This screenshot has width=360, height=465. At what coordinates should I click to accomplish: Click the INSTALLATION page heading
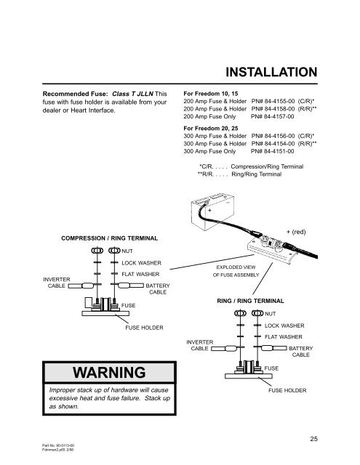pyautogui.click(x=271, y=73)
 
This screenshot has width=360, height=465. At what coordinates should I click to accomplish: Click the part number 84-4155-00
pyautogui.click(x=279, y=101)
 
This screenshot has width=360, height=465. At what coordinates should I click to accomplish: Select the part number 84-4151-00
pyautogui.click(x=279, y=151)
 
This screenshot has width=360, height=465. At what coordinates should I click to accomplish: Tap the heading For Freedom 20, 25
pyautogui.click(x=211, y=129)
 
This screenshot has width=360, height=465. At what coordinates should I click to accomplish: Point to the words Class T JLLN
pyautogui.click(x=132, y=94)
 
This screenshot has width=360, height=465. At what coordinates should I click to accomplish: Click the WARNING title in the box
pyautogui.click(x=109, y=373)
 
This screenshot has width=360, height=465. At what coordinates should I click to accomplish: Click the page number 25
pyautogui.click(x=313, y=439)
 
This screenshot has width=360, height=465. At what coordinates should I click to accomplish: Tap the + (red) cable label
pyautogui.click(x=296, y=232)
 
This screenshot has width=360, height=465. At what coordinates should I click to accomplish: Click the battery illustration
pyautogui.click(x=212, y=212)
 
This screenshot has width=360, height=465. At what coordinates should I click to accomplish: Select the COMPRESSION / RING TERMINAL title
pyautogui.click(x=110, y=238)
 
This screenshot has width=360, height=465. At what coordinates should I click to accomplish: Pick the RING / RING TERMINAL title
pyautogui.click(x=250, y=301)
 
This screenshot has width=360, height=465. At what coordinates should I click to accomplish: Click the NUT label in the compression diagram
pyautogui.click(x=127, y=251)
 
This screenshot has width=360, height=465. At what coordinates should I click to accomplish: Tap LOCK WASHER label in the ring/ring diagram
pyautogui.click(x=284, y=325)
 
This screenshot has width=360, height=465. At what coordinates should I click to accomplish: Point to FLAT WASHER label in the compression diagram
pyautogui.click(x=140, y=275)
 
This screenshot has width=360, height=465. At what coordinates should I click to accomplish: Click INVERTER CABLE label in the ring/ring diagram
pyautogui.click(x=200, y=346)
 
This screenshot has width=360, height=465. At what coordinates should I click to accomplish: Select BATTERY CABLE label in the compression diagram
pyautogui.click(x=158, y=289)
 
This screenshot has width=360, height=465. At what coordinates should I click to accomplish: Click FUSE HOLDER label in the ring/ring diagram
pyautogui.click(x=287, y=391)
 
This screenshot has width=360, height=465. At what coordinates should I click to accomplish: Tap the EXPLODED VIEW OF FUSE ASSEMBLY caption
pyautogui.click(x=236, y=271)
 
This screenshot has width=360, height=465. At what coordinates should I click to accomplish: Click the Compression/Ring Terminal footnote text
pyautogui.click(x=267, y=166)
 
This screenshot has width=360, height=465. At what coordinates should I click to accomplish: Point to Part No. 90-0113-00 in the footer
pyautogui.click(x=58, y=445)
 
